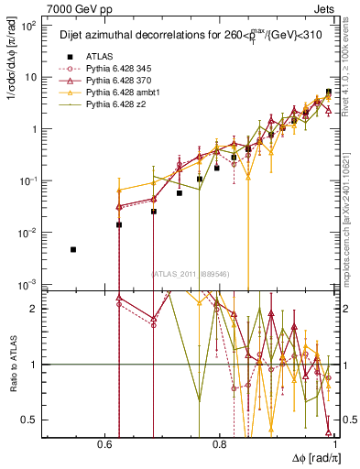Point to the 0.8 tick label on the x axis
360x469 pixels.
219,444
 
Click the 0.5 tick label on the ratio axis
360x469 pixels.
32,420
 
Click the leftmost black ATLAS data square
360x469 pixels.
73,249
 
